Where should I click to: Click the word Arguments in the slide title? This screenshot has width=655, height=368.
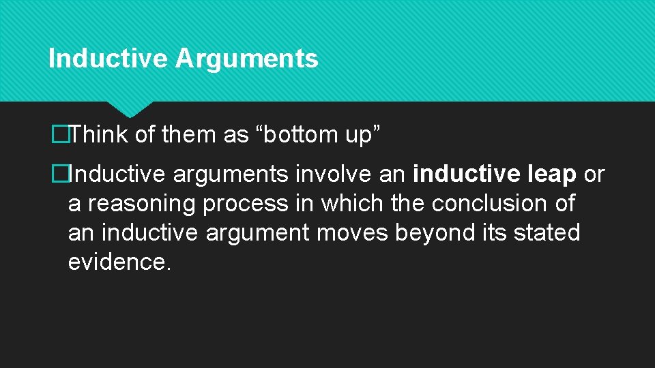pos(246,59)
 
